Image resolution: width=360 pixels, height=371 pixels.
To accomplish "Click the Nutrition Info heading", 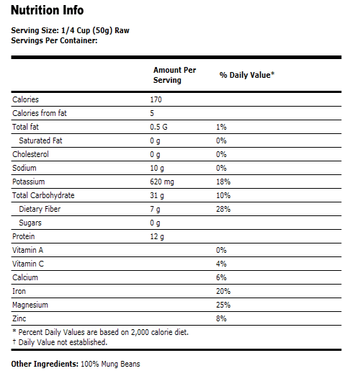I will [48, 11].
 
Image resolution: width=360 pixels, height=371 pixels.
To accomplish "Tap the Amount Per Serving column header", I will [174, 75].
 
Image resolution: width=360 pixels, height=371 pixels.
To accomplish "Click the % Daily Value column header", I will [247, 75].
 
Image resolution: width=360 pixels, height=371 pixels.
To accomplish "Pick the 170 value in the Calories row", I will [156, 99].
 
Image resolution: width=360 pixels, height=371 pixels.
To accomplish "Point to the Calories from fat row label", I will [40, 113].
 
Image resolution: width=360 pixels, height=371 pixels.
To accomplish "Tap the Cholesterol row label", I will [31, 154].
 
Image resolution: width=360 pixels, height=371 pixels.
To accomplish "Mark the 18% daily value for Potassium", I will [223, 182].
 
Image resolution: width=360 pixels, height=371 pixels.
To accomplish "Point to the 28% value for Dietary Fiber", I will [223, 209].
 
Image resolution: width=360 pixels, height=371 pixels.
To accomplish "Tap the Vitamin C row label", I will [30, 264].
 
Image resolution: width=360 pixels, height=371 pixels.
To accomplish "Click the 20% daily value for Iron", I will [223, 291].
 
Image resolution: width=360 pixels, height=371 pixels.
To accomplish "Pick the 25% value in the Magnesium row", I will [223, 305].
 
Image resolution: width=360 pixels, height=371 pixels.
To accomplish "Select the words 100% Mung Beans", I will [110, 364].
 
